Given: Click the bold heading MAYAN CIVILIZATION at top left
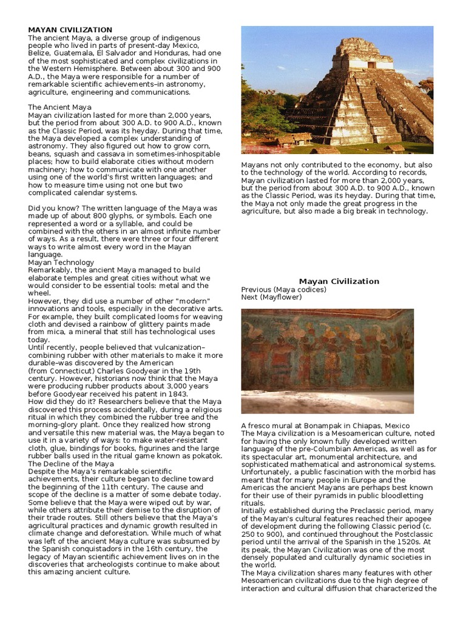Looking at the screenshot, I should [x=70, y=30].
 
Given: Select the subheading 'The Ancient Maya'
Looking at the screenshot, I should [x=60, y=107].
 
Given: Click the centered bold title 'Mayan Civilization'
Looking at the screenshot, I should [x=339, y=281].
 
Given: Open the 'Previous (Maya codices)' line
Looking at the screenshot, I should [x=283, y=289].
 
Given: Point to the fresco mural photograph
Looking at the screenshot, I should [x=327, y=361].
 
